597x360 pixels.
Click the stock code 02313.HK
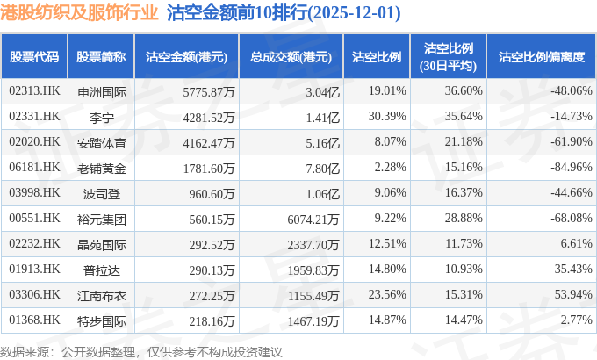pyautogui.click(x=34, y=90)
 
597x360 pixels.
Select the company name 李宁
pyautogui.click(x=102, y=116)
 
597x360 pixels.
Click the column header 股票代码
pyautogui.click(x=34, y=57)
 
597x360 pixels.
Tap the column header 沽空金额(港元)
pyautogui.click(x=186, y=57)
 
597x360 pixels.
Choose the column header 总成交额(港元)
pyautogui.click(x=291, y=57)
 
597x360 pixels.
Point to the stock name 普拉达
pyautogui.click(x=102, y=269)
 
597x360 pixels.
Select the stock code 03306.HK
pyautogui.click(x=34, y=294)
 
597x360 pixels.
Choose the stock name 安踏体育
pyautogui.click(x=102, y=141)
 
